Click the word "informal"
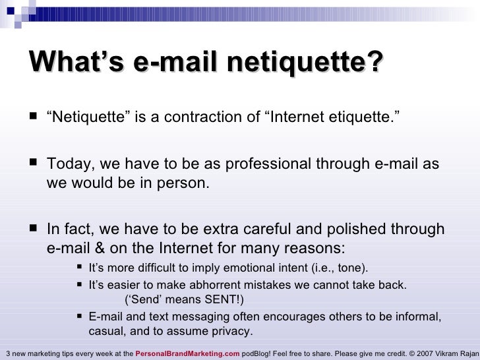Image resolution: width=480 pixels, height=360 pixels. click(x=417, y=316)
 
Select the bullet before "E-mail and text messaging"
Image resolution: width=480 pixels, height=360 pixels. click(x=79, y=316)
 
